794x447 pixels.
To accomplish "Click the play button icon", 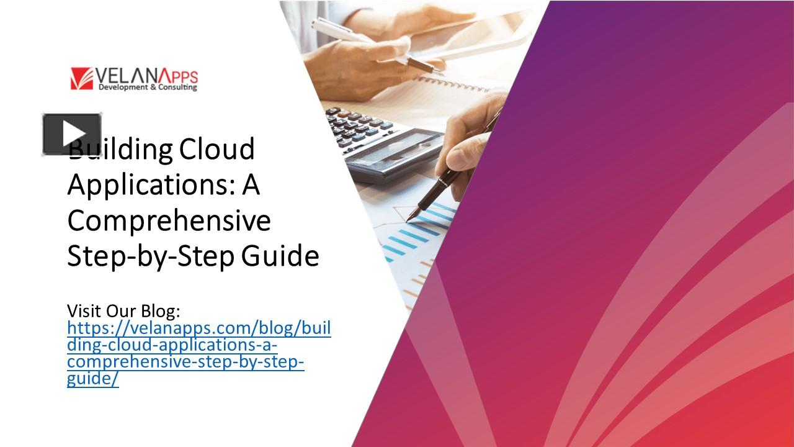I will (x=72, y=134).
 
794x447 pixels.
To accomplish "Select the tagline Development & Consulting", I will (x=148, y=88).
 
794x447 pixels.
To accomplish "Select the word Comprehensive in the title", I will (x=169, y=220).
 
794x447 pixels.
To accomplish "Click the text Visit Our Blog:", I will (x=123, y=310).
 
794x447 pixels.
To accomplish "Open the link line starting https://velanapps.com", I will (x=198, y=328).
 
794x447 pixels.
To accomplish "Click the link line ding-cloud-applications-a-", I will (x=172, y=345).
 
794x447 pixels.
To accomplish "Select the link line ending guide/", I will (x=92, y=379).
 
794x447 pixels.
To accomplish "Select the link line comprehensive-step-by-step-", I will (x=185, y=362).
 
